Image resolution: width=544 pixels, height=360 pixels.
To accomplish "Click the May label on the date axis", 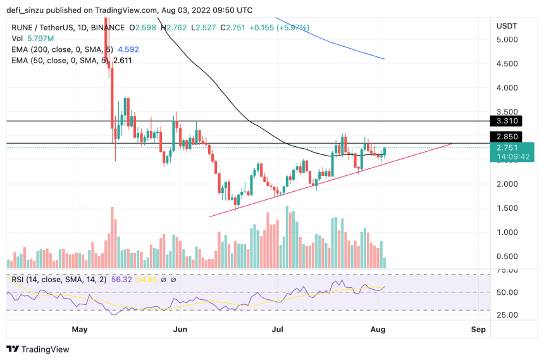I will click(x=79, y=330).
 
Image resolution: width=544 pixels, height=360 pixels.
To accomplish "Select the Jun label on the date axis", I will click(x=180, y=330).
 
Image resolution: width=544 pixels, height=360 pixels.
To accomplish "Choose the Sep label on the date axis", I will click(x=478, y=330).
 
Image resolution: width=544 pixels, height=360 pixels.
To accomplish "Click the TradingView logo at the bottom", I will click(x=38, y=349).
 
